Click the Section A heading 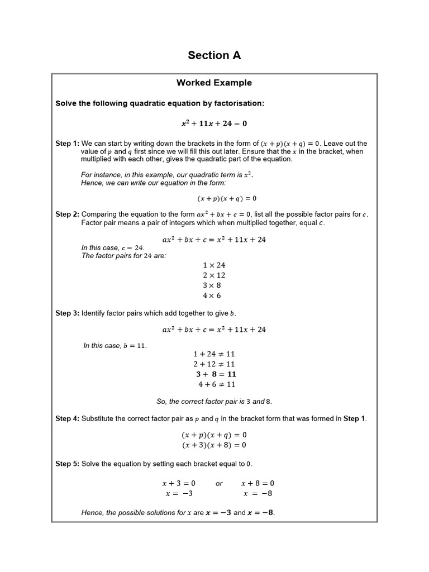click(214, 55)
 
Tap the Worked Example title click(214, 83)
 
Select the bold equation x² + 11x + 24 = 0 click(214, 123)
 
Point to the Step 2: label click(67, 214)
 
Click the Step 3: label click(67, 313)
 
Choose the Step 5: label click(67, 464)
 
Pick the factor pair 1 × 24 click(214, 265)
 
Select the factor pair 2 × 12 click(214, 275)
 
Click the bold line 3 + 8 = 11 click(216, 374)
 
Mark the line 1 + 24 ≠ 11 click(214, 354)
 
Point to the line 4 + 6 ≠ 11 click(217, 384)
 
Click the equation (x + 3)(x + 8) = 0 click(214, 445)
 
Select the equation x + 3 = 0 click(179, 483)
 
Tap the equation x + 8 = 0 click(258, 483)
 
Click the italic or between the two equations click(219, 484)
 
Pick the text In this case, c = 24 click(113, 248)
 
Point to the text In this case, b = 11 click(115, 346)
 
